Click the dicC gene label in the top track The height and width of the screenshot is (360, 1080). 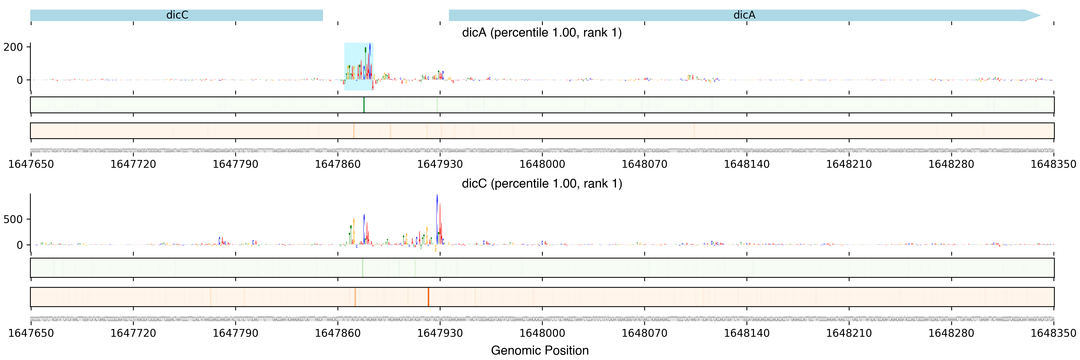(x=177, y=15)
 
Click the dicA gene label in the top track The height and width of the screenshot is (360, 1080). (x=744, y=15)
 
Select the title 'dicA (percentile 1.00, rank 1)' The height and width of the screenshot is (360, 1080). (x=542, y=33)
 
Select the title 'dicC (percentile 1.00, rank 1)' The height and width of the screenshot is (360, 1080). (x=542, y=183)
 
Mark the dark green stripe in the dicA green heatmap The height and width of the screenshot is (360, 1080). (x=364, y=105)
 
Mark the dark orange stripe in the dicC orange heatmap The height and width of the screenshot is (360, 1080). (x=428, y=297)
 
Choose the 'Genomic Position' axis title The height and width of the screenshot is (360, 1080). (x=539, y=350)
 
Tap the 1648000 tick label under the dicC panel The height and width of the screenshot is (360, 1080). (x=542, y=333)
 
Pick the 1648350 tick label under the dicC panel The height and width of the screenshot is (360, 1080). (x=1053, y=333)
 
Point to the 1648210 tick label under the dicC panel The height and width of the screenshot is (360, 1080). (x=849, y=333)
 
